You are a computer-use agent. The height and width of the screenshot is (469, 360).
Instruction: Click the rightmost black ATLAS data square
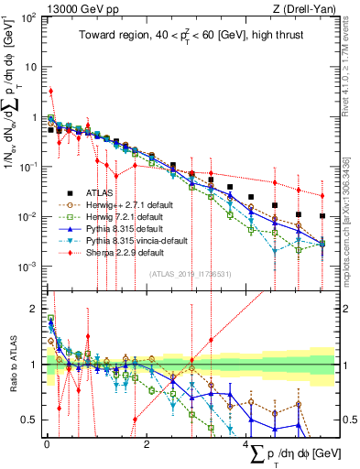[322, 216]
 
